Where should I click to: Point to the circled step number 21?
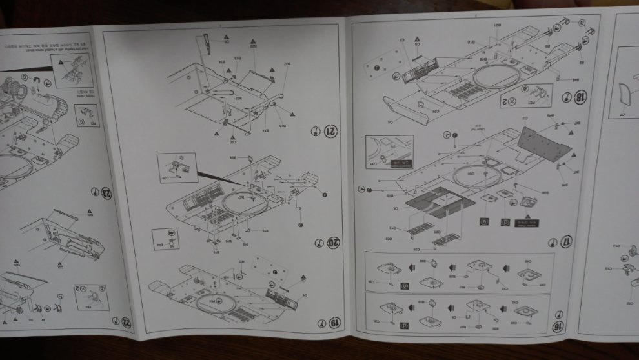[331, 131]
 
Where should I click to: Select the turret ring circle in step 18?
[494, 78]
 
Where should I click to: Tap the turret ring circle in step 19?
[213, 301]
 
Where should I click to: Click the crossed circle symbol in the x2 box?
[511, 101]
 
